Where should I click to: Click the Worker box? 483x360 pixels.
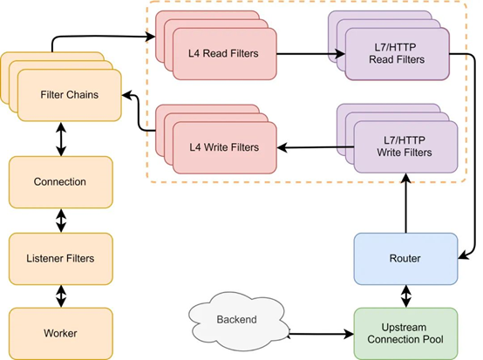(x=61, y=333)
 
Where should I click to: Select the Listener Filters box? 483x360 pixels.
(x=61, y=259)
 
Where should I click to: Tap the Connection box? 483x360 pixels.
(x=61, y=182)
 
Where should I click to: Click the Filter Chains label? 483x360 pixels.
(x=69, y=94)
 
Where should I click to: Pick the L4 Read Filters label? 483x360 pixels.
(x=223, y=53)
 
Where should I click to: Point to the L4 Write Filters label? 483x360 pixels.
(x=224, y=147)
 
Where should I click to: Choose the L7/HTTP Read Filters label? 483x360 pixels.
(x=397, y=53)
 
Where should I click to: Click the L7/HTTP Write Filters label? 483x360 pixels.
(x=405, y=146)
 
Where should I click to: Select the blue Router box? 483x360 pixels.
(x=405, y=259)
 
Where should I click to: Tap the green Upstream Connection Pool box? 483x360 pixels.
(x=405, y=334)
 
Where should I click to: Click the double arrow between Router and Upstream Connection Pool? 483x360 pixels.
(x=406, y=296)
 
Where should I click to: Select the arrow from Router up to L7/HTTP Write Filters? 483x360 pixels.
(x=406, y=203)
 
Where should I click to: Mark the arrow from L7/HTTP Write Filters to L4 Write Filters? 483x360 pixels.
(x=316, y=147)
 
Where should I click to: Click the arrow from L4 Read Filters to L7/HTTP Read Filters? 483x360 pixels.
(x=310, y=54)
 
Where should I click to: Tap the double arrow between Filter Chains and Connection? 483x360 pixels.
(x=61, y=139)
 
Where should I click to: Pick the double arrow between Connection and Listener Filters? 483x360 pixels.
(x=61, y=221)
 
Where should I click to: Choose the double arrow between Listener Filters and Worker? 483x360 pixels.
(x=61, y=296)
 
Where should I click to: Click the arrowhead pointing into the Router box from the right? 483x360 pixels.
(x=464, y=255)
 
